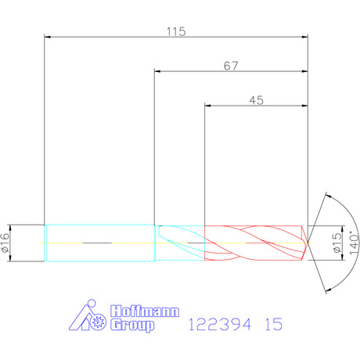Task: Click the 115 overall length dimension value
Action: (176, 31)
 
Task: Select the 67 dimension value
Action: (231, 66)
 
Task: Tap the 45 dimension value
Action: (257, 100)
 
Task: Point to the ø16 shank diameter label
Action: (5, 243)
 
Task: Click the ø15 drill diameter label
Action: (337, 243)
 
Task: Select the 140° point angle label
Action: (354, 243)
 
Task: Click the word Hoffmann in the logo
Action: (145, 311)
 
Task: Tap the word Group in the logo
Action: (132, 326)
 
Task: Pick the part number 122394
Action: (220, 324)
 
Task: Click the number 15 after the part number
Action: (274, 324)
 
